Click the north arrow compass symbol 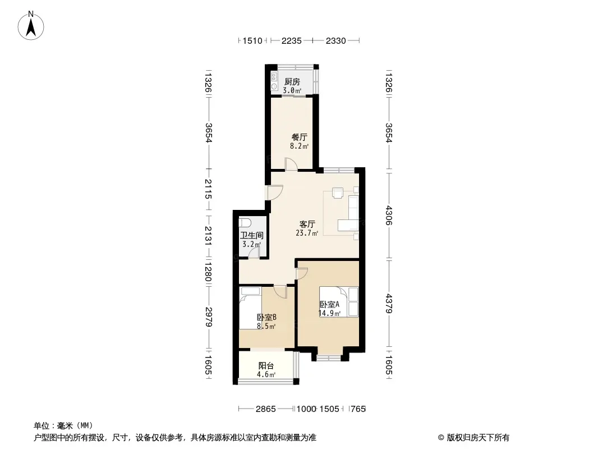[31, 25]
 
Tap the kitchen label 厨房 [292, 81]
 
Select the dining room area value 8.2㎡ [299, 146]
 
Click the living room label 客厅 [307, 224]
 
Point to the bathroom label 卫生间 [252, 236]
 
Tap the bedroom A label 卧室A [329, 304]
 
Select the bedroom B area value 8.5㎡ [266, 326]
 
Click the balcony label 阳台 [266, 366]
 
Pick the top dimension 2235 [291, 41]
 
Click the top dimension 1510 [252, 41]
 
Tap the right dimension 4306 [389, 216]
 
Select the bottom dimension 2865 [265, 409]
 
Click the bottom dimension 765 [358, 409]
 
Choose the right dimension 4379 [389, 304]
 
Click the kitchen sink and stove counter [274, 81]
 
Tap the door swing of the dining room [291, 164]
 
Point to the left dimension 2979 [208, 317]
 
